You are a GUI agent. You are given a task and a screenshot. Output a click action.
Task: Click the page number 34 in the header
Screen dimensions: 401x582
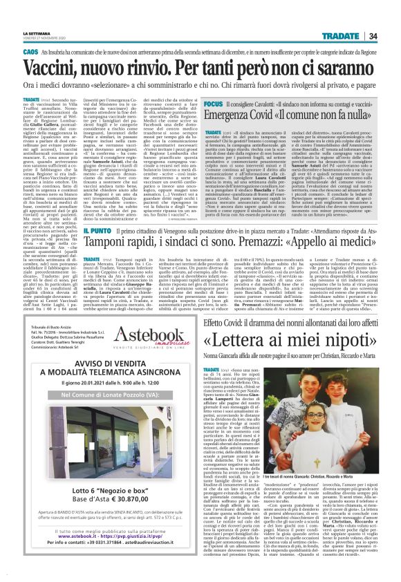[x=391, y=17]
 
